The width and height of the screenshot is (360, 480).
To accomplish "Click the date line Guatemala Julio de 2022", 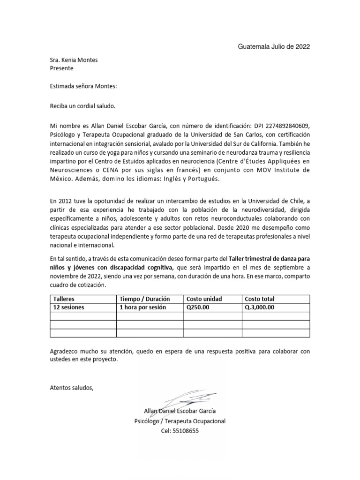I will click(x=274, y=47).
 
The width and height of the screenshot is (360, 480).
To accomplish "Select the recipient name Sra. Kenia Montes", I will click(x=74, y=60).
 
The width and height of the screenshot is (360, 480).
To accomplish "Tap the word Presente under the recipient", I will click(x=61, y=68).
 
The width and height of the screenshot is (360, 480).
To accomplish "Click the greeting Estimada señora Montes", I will click(x=83, y=86).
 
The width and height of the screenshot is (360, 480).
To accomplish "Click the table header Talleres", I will click(x=64, y=299).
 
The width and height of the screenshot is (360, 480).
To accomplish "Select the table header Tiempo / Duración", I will click(x=144, y=299).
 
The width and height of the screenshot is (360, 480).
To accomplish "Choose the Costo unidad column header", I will click(x=204, y=299).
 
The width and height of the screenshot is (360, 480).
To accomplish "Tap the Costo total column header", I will click(x=259, y=299).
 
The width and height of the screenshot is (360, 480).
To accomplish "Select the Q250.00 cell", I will click(x=199, y=307).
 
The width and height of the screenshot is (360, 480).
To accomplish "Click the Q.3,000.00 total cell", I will click(x=260, y=307).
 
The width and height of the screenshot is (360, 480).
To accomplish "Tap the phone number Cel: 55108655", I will click(x=180, y=431).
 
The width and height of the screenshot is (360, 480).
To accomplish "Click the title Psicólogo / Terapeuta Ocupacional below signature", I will click(x=180, y=421).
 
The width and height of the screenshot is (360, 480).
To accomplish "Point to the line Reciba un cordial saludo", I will click(x=82, y=106).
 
